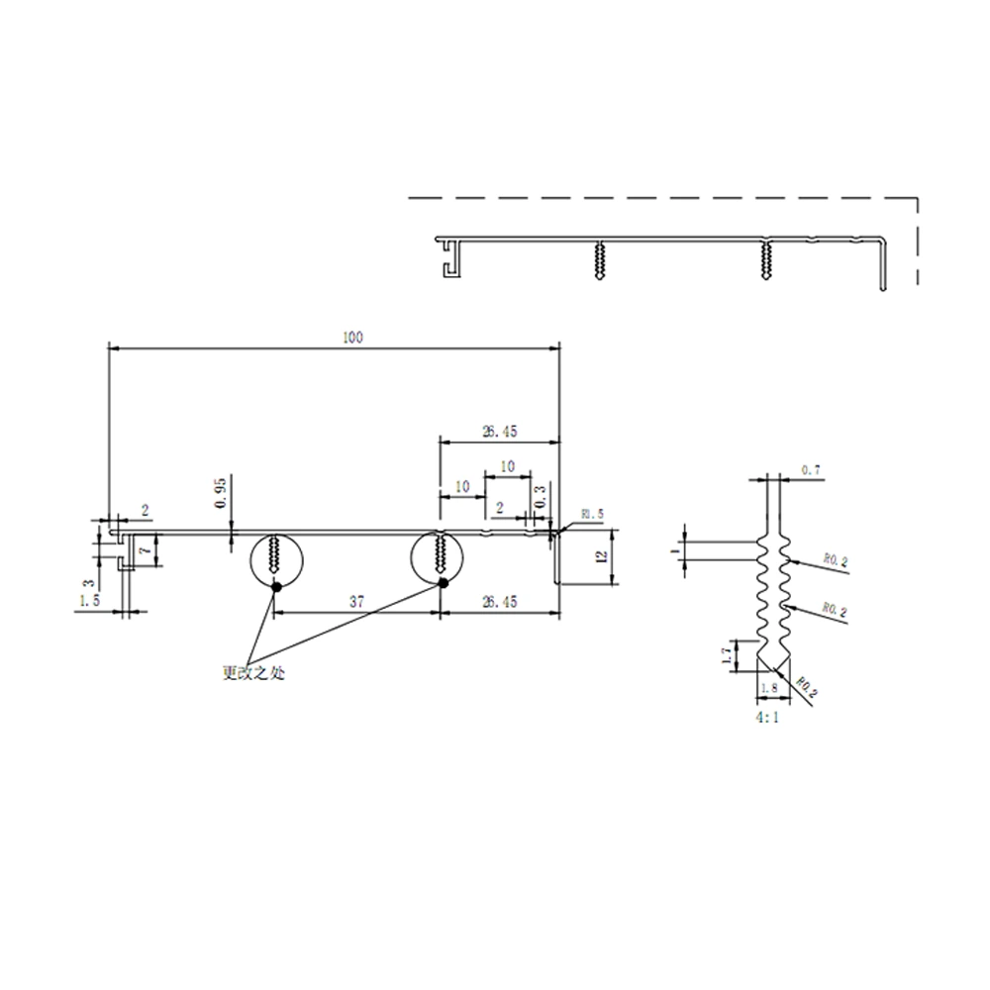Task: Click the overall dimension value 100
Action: [353, 338]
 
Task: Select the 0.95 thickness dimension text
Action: [221, 492]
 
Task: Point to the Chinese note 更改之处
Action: [253, 672]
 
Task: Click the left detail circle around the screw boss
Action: [274, 558]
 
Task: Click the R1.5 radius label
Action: [592, 514]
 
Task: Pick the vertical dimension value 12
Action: [600, 557]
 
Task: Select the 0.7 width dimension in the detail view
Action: [810, 470]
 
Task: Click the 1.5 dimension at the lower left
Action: [89, 601]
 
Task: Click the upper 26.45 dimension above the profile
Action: [499, 432]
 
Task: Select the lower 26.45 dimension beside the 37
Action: [499, 601]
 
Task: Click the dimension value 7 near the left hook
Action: [145, 548]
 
